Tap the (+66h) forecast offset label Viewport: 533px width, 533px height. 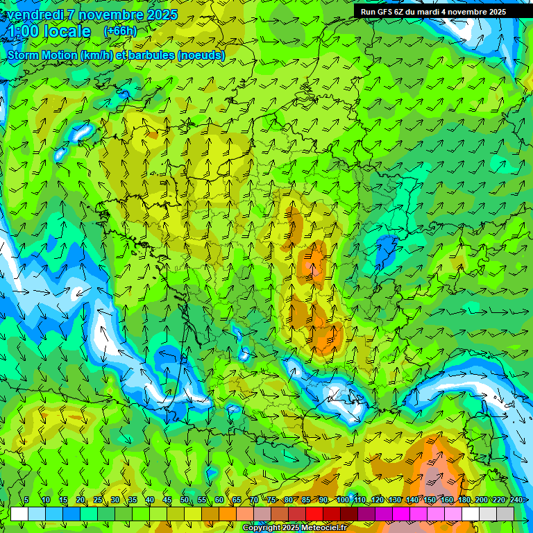(120, 31)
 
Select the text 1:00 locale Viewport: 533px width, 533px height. (49, 32)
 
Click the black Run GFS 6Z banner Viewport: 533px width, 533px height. (432, 12)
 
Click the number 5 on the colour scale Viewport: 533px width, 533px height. (26, 500)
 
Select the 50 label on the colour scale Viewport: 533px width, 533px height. (184, 500)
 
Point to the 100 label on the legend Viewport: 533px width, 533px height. (342, 500)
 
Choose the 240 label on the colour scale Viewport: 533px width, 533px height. (516, 500)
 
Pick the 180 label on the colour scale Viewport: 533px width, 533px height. (464, 500)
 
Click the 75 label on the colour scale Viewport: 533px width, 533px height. (271, 500)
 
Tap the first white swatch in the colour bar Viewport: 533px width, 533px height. (19, 514)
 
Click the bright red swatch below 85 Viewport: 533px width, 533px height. (314, 514)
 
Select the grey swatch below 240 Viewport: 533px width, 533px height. (505, 514)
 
